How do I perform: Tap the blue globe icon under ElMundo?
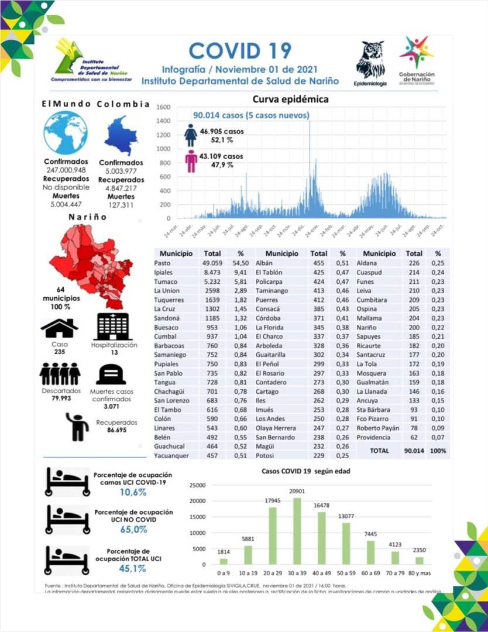(66, 133)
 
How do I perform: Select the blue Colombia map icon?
(121, 135)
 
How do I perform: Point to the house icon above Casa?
(60, 328)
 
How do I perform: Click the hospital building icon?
(114, 327)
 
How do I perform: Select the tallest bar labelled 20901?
(297, 531)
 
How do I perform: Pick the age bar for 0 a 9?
(223, 561)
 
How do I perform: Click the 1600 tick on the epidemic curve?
(163, 108)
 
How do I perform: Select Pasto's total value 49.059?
(212, 263)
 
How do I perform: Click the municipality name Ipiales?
(164, 272)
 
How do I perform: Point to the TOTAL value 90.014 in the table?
(413, 451)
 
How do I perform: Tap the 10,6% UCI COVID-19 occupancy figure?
(133, 492)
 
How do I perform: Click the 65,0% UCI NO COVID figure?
(133, 530)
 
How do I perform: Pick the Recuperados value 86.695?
(116, 430)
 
